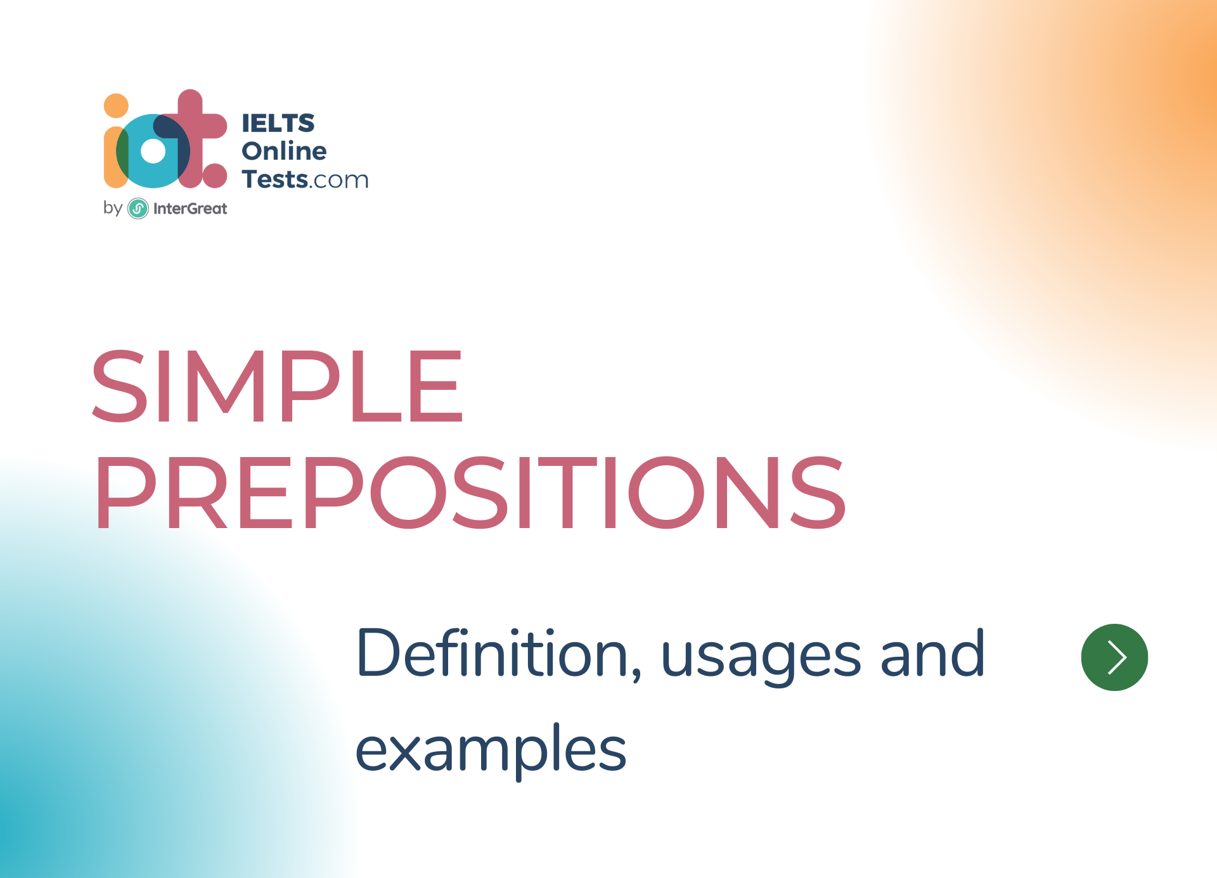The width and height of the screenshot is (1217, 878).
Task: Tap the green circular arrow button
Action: point(1114,657)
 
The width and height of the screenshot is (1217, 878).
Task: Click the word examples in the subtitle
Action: point(491,751)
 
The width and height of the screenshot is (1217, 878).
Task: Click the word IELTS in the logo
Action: point(278,123)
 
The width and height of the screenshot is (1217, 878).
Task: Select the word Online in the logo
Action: point(284,151)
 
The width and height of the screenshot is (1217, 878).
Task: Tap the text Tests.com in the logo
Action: point(305,179)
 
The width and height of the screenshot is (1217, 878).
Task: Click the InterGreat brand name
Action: point(190,209)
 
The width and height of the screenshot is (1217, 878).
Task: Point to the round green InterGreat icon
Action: point(138,209)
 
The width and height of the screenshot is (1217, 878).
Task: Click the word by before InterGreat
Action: point(112,207)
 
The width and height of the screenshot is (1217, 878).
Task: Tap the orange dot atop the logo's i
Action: point(116,106)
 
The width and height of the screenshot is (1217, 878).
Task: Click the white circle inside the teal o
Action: point(153,152)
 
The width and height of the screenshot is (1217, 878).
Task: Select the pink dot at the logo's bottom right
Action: point(215,176)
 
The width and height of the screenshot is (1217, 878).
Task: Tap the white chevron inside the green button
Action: point(1117,657)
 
